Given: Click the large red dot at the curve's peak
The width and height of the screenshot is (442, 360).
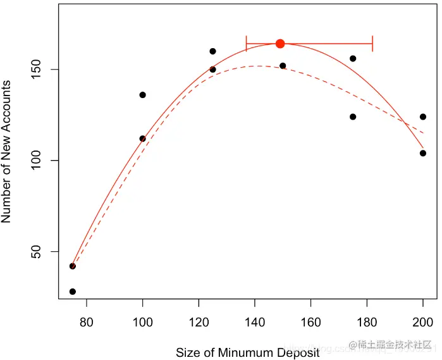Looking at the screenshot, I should [280, 44].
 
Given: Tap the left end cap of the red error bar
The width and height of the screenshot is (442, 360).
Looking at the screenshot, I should [247, 44].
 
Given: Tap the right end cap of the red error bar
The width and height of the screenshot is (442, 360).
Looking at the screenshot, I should [372, 44].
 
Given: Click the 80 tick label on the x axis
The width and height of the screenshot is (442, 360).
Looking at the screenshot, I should [86, 321].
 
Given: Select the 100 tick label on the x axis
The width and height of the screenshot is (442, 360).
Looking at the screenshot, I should [142, 321].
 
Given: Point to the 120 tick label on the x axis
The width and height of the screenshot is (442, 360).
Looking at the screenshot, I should [199, 321].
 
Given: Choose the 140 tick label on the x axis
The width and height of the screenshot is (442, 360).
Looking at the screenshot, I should [255, 321].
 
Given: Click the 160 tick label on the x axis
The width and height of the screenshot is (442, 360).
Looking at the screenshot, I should [310, 321].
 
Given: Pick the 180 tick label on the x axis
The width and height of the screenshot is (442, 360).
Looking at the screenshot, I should [367, 321].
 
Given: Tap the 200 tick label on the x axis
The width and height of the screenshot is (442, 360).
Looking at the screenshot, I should [423, 321].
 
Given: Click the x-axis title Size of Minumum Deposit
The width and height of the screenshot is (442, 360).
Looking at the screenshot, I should [248, 352].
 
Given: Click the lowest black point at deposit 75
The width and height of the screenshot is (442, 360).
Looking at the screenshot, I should [73, 292].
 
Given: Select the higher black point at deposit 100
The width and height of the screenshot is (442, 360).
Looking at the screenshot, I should [143, 95].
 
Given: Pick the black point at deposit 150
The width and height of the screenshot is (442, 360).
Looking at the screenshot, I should [283, 66].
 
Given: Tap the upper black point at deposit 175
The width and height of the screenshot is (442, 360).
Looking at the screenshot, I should [353, 58].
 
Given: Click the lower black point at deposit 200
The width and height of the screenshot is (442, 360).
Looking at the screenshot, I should [423, 153].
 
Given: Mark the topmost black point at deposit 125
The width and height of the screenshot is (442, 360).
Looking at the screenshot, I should [212, 51].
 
